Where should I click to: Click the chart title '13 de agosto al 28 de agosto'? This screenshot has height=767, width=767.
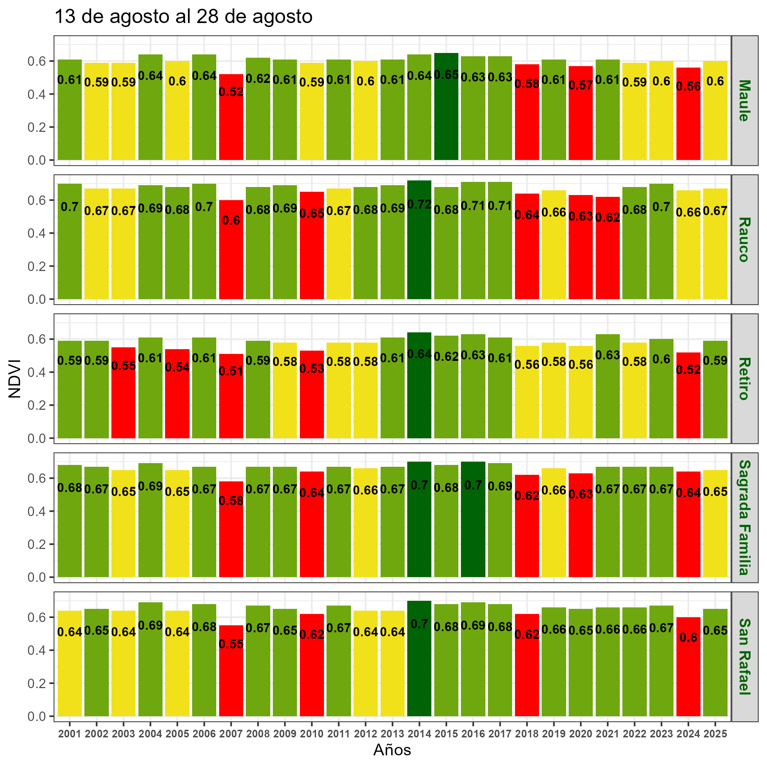point(183,17)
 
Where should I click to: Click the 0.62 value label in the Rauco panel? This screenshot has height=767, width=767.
point(607,218)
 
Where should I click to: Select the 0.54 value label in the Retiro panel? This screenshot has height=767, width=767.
point(177,367)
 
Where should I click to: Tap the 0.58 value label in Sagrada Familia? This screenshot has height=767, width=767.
point(231,501)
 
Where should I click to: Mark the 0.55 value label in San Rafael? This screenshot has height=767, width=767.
point(231,644)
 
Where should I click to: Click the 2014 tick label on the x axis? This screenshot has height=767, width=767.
point(419,734)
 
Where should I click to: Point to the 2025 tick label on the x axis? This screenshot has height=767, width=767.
point(715,734)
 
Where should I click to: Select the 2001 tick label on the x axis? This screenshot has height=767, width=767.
point(69,734)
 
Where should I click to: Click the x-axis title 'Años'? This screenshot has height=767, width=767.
point(392,750)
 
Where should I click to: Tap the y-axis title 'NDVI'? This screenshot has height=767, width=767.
point(15,378)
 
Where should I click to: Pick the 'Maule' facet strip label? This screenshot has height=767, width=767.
point(744,100)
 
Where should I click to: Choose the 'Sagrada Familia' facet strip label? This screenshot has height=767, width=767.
point(744,518)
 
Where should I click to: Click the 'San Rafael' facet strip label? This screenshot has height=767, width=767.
point(744,657)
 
